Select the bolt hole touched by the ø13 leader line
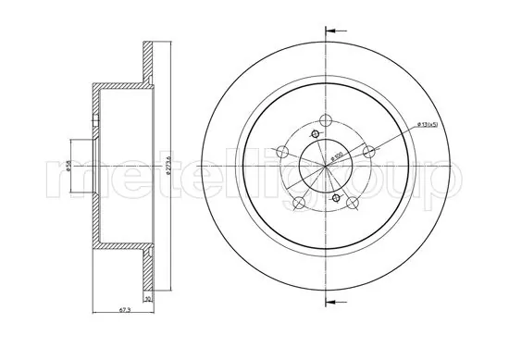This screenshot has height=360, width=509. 370,152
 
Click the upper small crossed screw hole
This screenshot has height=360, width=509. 315,135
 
